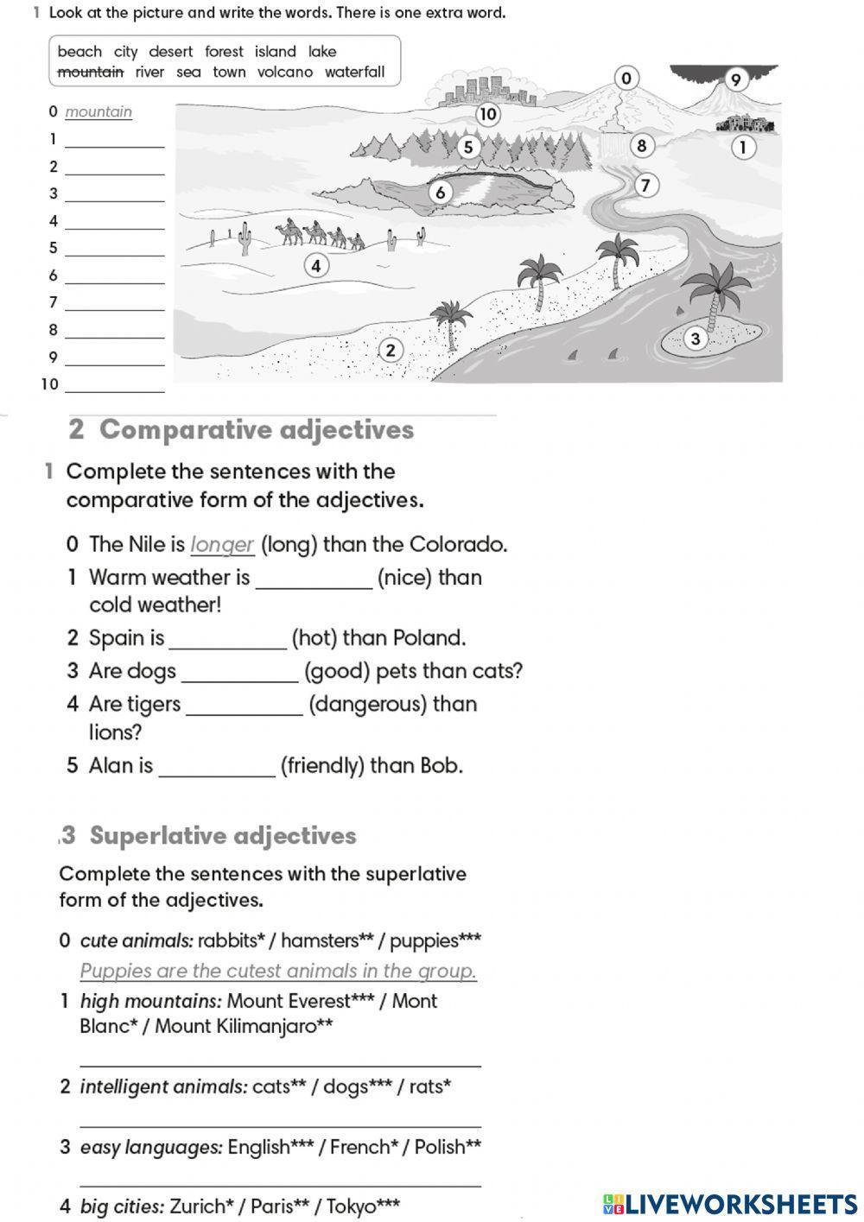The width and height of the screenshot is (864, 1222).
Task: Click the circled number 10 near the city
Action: coord(488,113)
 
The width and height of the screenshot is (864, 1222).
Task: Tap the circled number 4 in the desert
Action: coord(316,265)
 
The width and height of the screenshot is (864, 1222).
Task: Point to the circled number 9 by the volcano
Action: coord(735,80)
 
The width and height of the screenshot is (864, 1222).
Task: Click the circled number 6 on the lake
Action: coord(440,192)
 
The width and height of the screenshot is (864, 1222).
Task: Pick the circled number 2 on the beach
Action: coord(391,350)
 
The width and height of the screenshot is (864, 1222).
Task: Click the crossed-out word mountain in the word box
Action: coord(90,73)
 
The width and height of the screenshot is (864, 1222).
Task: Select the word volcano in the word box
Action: coord(285,73)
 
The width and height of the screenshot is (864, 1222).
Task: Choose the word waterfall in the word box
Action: coord(354,73)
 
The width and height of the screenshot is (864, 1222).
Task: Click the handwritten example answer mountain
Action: coord(98,111)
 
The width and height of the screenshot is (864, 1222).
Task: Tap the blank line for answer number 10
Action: coord(114,386)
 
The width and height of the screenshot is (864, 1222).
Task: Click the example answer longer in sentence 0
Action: coord(222,545)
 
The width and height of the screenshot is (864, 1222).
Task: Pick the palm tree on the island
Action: coord(717,294)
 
